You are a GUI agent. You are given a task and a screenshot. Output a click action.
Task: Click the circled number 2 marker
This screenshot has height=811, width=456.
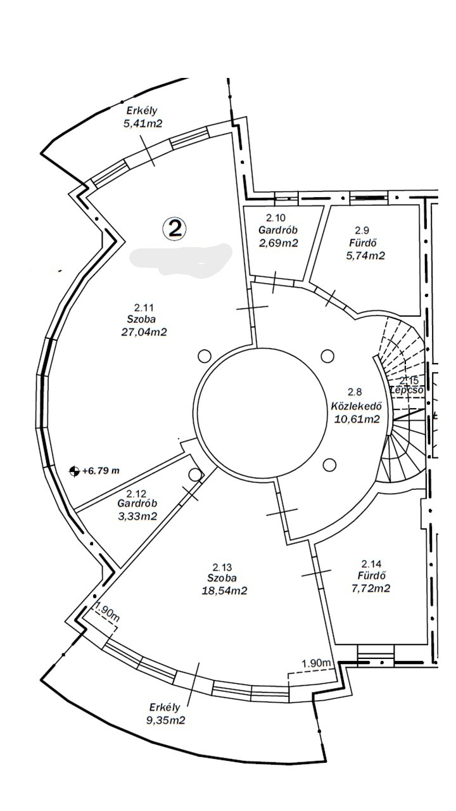tap(174, 228)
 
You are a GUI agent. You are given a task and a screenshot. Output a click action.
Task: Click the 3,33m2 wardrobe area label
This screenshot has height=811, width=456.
tap(137, 516)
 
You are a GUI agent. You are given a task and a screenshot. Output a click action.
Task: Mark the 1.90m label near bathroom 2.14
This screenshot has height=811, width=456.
tap(317, 663)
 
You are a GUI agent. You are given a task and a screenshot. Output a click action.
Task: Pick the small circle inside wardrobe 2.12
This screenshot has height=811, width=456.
tap(194, 474)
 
